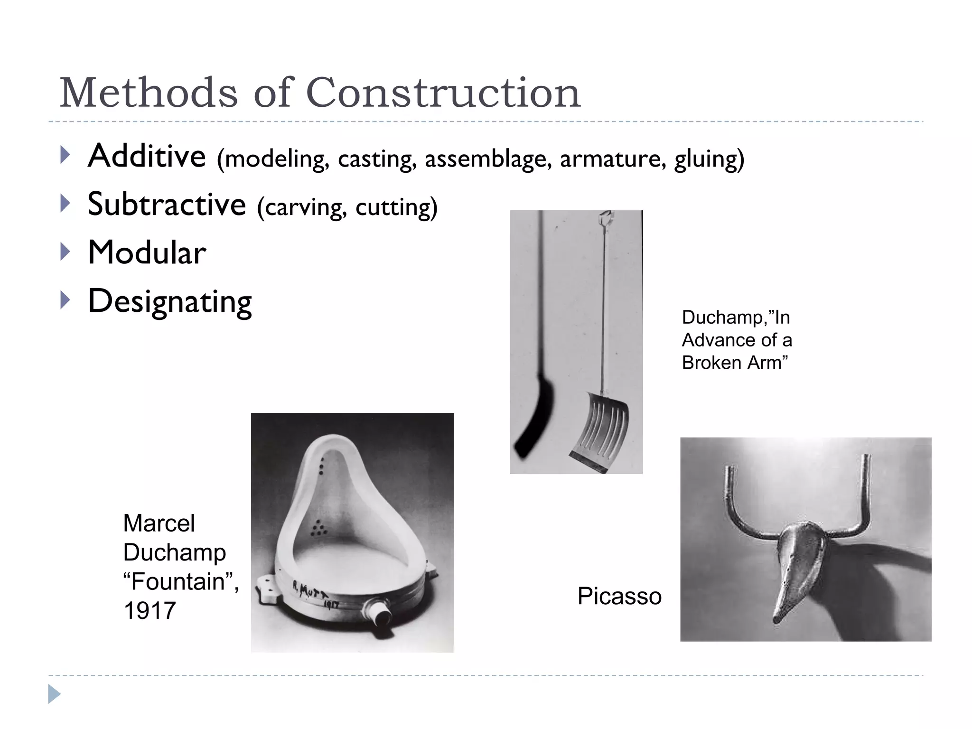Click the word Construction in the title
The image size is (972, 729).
(443, 93)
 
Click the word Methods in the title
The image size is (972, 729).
(148, 93)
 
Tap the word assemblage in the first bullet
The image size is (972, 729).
(488, 159)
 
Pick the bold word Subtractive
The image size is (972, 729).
(167, 204)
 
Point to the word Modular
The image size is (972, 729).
(147, 252)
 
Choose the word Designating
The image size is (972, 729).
(170, 302)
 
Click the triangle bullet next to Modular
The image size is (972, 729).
(65, 252)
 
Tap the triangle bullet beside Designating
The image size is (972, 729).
(65, 300)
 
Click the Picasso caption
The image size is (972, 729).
(619, 596)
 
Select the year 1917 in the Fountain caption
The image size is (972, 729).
(150, 611)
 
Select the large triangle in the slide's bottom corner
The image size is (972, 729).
(54, 694)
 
